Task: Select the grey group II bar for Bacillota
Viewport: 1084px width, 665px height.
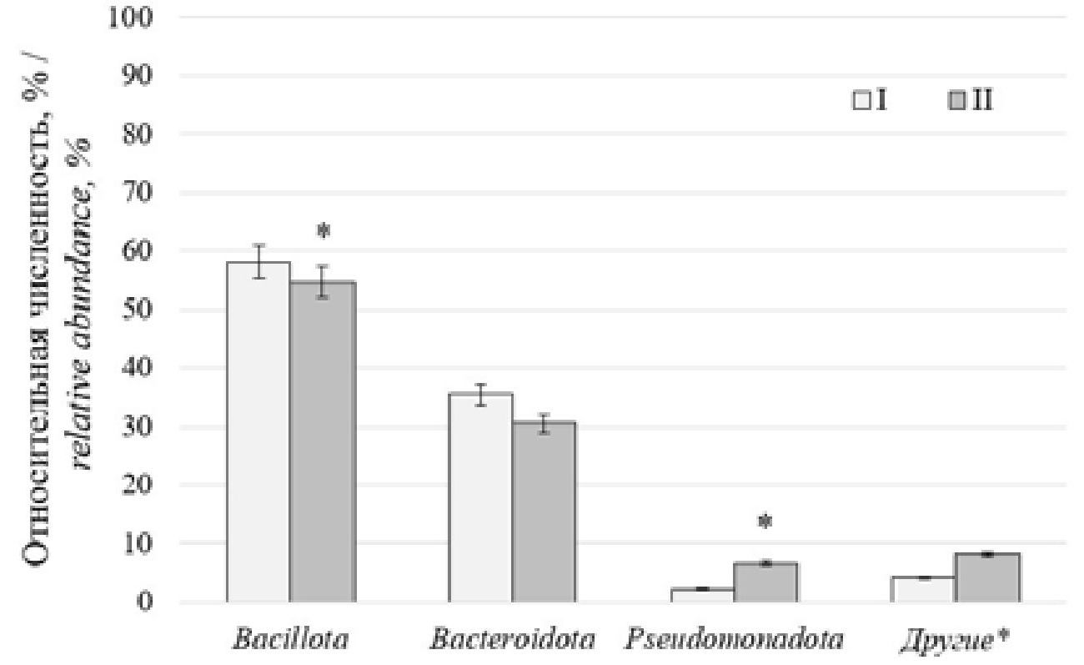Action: (323, 442)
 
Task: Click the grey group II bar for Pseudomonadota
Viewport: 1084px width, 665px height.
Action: (765, 582)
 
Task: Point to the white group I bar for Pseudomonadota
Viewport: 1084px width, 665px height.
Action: (702, 595)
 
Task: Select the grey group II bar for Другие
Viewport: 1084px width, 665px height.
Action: (987, 577)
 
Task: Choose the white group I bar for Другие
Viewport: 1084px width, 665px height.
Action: (923, 589)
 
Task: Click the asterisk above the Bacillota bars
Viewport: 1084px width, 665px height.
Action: (324, 231)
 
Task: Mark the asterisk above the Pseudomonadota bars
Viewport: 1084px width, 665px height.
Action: (765, 523)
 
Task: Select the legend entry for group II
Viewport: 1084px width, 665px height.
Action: (971, 102)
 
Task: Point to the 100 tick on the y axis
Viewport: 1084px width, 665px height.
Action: (131, 18)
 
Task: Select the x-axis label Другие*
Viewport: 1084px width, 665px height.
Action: (956, 642)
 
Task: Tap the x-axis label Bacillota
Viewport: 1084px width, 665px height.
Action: (291, 642)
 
